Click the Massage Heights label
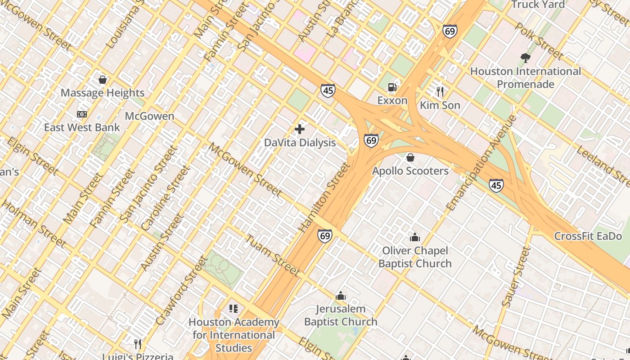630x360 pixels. (103, 93)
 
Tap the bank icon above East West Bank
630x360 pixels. (82, 114)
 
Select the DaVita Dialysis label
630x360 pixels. (300, 143)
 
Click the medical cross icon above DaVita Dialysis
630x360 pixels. (300, 130)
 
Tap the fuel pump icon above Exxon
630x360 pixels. (392, 87)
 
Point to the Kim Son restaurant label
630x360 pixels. (440, 105)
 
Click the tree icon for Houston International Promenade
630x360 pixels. (525, 58)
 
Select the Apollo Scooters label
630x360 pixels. (410, 171)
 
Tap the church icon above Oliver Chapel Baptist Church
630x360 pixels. (414, 237)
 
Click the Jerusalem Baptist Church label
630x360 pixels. (341, 315)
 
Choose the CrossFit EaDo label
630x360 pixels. (588, 236)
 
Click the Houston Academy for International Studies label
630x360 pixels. (234, 335)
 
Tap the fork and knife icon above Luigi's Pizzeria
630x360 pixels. (138, 344)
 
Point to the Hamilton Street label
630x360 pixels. (324, 198)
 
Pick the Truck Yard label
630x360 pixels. (538, 4)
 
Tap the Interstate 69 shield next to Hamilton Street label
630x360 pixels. (324, 235)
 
